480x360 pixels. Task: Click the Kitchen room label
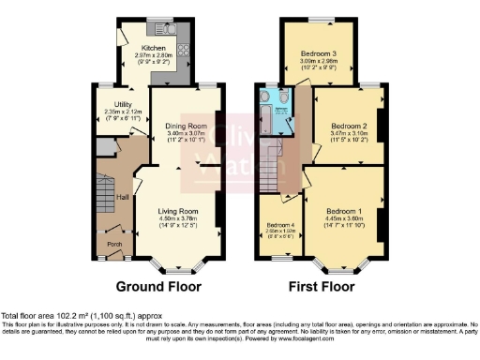click(153, 48)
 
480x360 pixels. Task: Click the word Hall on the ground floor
click(122, 197)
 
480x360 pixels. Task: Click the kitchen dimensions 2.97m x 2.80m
click(153, 56)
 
